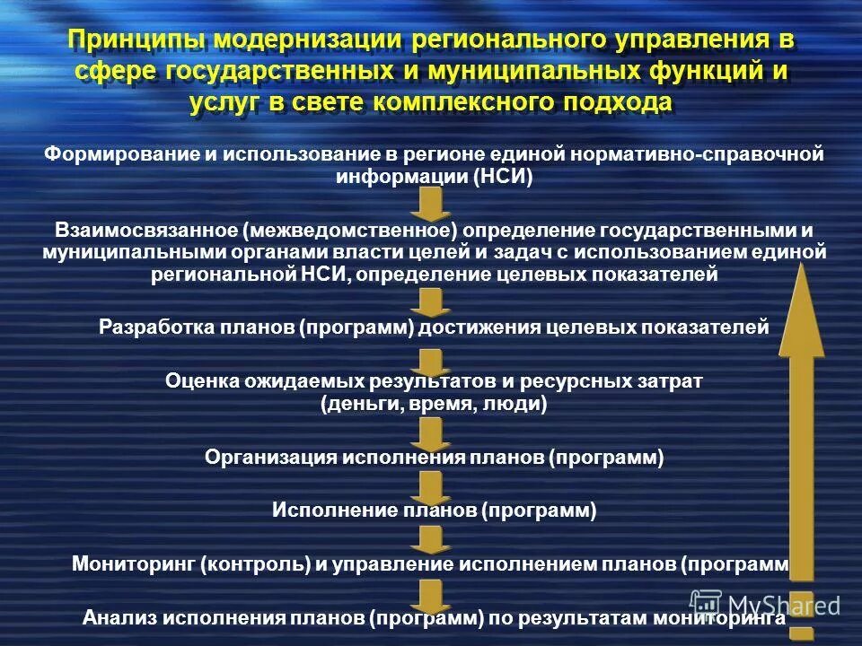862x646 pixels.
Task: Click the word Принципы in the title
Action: (x=135, y=41)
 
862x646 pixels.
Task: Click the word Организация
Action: (x=269, y=458)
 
